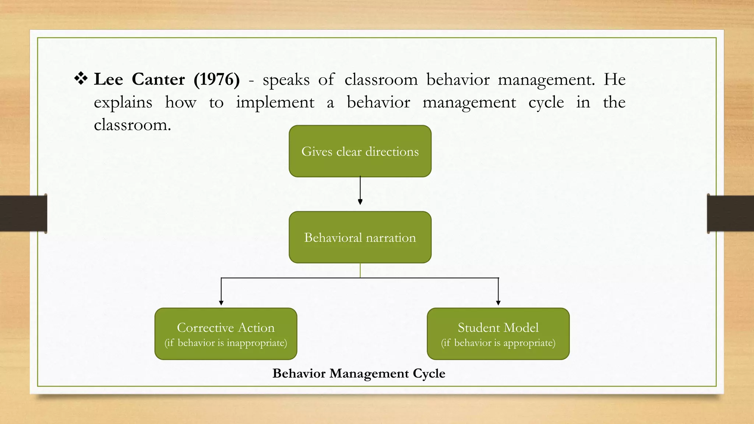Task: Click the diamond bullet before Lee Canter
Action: point(81,78)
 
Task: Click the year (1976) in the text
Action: point(216,79)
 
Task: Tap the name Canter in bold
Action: point(158,79)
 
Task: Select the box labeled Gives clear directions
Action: point(360,151)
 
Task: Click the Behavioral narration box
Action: point(360,237)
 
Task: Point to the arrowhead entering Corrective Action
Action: point(221,303)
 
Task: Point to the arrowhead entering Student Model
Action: point(498,303)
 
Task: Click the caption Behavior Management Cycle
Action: point(359,373)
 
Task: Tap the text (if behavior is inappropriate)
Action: point(226,343)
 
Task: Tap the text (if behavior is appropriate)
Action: point(498,343)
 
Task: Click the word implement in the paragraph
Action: point(275,103)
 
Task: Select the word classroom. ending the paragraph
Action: point(132,125)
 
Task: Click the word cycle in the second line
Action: point(546,103)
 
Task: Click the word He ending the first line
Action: point(614,79)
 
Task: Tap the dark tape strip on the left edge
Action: point(23,213)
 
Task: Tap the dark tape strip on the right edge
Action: point(730,213)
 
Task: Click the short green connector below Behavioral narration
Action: point(360,270)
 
